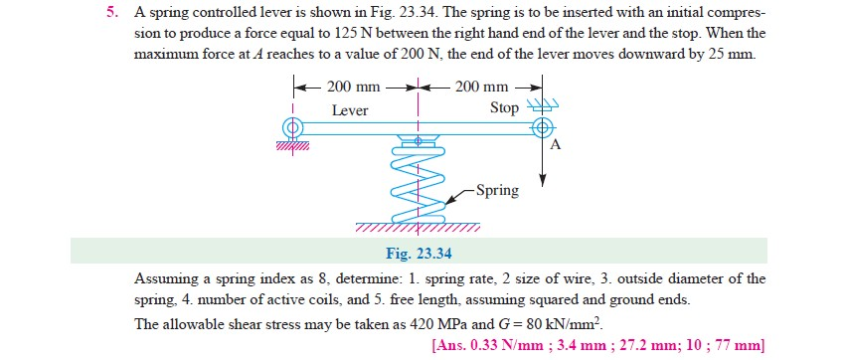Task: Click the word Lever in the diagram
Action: click(x=350, y=110)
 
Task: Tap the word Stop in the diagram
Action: click(x=504, y=108)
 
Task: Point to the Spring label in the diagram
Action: click(x=497, y=189)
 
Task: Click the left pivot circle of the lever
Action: click(x=292, y=127)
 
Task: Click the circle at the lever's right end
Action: click(x=543, y=127)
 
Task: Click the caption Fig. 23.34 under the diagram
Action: click(x=419, y=252)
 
